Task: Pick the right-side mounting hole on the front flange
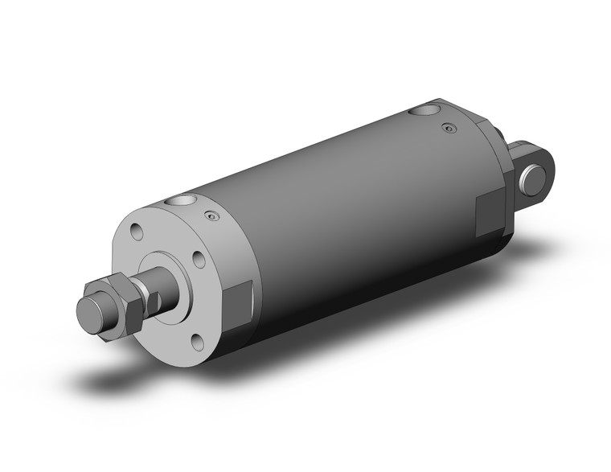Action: tap(198, 259)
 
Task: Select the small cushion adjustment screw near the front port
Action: tap(211, 215)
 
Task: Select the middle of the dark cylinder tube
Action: tap(346, 217)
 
